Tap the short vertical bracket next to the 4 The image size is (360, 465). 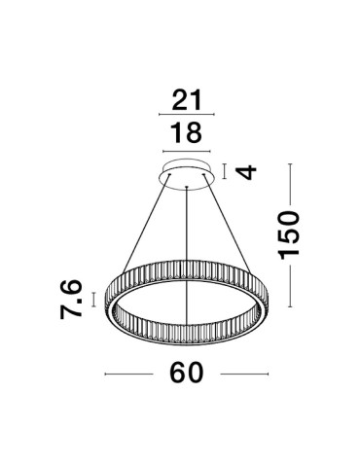225,172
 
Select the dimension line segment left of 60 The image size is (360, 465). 129,374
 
